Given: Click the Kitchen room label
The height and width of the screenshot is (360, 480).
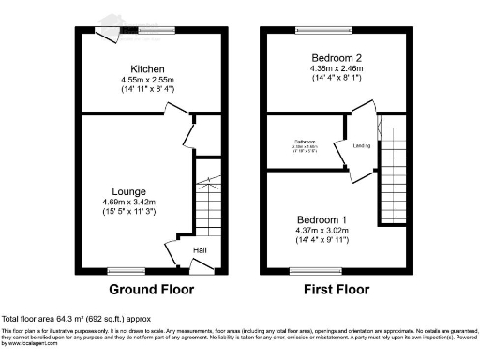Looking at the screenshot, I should pos(148,69).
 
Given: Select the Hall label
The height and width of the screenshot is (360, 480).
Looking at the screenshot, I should pos(200,249).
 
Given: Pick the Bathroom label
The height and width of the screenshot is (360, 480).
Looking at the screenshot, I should pos(304,142).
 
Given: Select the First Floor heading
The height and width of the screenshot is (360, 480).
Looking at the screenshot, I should pos(335,289).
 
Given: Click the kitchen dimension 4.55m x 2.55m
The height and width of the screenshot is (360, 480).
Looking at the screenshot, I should pos(148,80).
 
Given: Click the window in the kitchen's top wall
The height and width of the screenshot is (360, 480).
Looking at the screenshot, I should pos(157,31).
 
